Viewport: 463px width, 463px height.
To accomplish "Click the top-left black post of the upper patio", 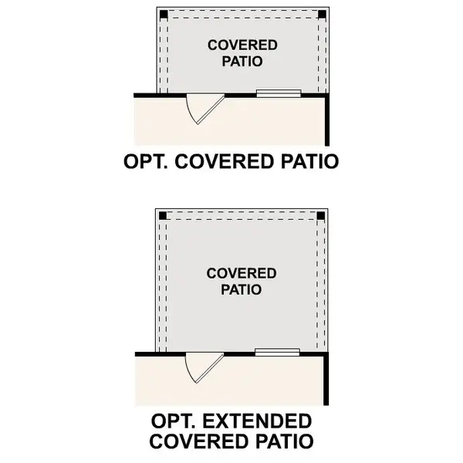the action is [x=164, y=14].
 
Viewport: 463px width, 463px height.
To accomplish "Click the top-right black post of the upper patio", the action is [x=322, y=14].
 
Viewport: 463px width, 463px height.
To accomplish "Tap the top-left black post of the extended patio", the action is [x=162, y=216].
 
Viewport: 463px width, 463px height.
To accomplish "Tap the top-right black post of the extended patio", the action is [x=321, y=216].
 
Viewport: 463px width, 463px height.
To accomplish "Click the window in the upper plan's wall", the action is [x=279, y=93].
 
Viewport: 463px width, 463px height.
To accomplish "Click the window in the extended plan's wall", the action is [x=277, y=352].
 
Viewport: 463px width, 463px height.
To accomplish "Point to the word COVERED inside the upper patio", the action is [x=242, y=46].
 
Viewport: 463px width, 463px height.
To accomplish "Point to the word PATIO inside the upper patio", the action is [x=242, y=62].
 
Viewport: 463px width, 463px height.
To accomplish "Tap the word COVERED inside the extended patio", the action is [x=242, y=273].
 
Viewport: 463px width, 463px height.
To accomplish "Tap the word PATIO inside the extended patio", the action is [x=242, y=289].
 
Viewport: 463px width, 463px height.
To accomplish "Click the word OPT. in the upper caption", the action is [x=146, y=161].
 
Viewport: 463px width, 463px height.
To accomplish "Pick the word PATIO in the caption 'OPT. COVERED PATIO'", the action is [x=309, y=161].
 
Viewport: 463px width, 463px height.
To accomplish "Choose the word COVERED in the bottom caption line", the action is [x=199, y=441].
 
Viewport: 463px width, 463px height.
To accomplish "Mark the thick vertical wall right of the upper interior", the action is [x=327, y=120].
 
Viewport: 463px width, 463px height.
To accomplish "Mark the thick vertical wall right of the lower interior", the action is [x=326, y=379].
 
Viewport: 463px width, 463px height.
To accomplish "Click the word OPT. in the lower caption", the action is [x=173, y=421].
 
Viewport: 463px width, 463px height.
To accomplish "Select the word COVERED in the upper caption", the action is [x=225, y=161].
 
